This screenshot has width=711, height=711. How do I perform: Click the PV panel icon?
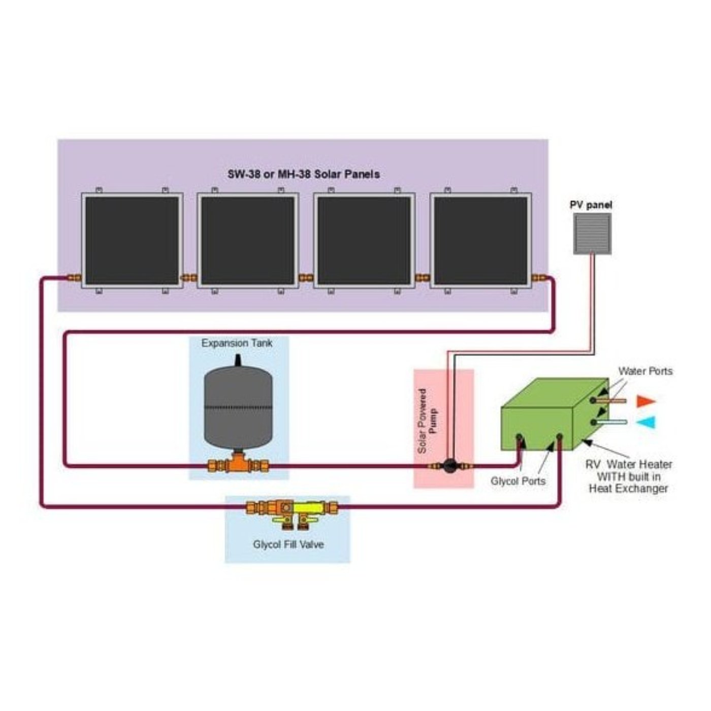592,234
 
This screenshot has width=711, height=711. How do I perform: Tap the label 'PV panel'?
591,205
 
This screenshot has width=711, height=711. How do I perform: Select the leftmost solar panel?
132,241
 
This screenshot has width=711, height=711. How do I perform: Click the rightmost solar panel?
480,241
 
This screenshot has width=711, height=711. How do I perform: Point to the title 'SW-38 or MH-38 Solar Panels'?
303,174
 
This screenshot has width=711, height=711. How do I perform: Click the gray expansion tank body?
238,406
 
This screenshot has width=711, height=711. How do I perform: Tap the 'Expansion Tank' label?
237,343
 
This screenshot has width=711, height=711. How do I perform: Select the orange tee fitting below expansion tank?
238,464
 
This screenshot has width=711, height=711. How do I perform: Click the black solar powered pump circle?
449,465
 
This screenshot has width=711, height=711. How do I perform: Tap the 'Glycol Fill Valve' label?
288,544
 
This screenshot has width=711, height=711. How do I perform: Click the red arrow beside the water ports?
646,401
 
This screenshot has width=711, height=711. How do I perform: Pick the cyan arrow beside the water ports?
646,422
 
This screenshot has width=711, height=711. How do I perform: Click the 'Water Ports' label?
645,371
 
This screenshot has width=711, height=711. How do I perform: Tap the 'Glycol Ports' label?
518,481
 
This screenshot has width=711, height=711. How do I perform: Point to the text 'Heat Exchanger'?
628,489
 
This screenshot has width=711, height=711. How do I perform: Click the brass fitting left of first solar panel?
74,278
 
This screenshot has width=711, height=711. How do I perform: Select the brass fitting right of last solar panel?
539,278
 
